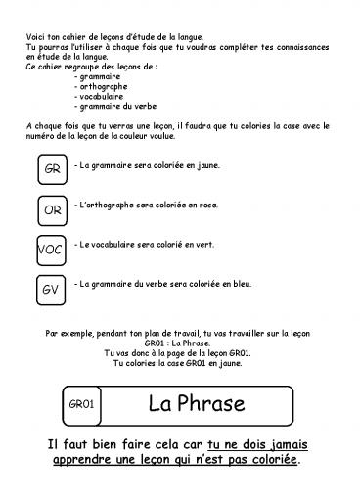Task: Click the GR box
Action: click(51, 171)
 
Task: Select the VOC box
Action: click(50, 250)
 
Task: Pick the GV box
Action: click(51, 290)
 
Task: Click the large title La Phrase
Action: click(193, 402)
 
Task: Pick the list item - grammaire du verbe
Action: click(114, 108)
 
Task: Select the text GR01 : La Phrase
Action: click(179, 343)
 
